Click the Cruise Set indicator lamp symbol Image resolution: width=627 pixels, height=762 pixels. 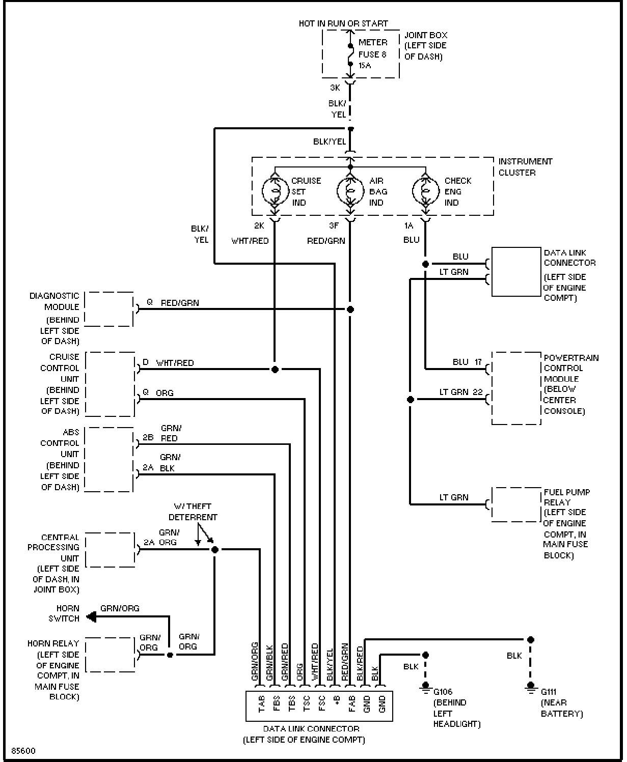[x=275, y=191]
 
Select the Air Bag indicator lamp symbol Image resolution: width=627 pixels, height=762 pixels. [x=350, y=191]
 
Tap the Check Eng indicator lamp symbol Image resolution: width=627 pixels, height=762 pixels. [x=426, y=191]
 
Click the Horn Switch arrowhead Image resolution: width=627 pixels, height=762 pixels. [x=91, y=617]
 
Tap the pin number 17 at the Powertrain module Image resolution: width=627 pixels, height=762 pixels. [x=478, y=362]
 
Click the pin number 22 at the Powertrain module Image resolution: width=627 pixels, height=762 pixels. [x=478, y=392]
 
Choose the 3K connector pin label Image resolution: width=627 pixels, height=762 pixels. [x=335, y=88]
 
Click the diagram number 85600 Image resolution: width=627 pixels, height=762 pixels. [x=23, y=751]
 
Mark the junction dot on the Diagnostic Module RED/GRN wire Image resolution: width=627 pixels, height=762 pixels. [x=350, y=309]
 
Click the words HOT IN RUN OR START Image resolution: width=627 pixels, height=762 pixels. [x=343, y=23]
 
